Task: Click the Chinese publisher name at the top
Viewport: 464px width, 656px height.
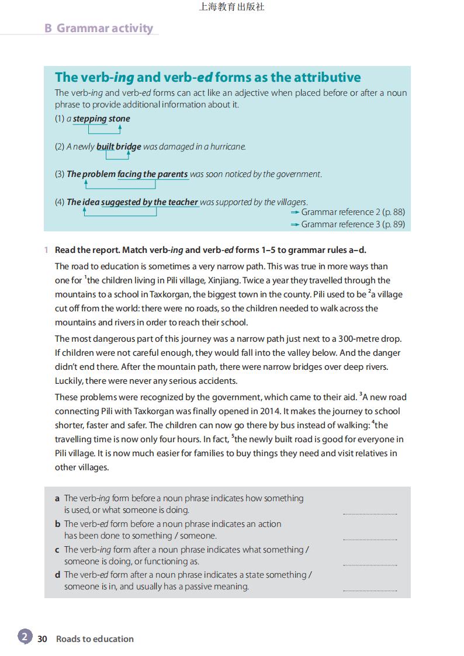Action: click(x=231, y=7)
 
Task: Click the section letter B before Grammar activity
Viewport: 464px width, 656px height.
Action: click(x=48, y=28)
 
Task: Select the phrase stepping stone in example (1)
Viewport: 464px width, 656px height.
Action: click(x=102, y=119)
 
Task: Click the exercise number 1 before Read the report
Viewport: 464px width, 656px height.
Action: click(x=46, y=250)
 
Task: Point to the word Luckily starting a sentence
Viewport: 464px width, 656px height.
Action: click(x=69, y=381)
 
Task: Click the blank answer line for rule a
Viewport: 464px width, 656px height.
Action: click(x=369, y=513)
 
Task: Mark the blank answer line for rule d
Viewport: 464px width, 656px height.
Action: click(x=369, y=590)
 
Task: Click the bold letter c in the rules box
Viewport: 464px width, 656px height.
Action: click(x=57, y=550)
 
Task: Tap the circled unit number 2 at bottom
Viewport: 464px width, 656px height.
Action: click(x=25, y=637)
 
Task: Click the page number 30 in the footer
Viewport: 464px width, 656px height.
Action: click(x=42, y=639)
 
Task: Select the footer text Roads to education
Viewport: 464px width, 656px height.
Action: click(x=95, y=639)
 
